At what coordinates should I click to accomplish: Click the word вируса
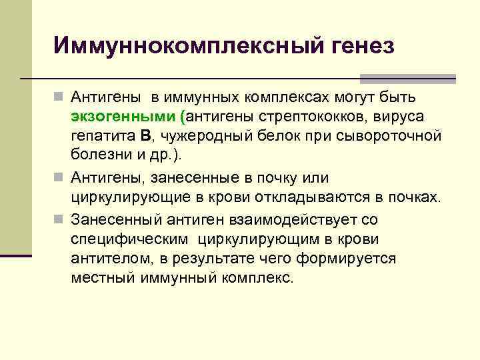(399, 117)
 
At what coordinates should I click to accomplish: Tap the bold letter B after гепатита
(146, 136)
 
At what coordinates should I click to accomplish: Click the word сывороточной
(383, 136)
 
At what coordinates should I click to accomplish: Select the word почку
(289, 178)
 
